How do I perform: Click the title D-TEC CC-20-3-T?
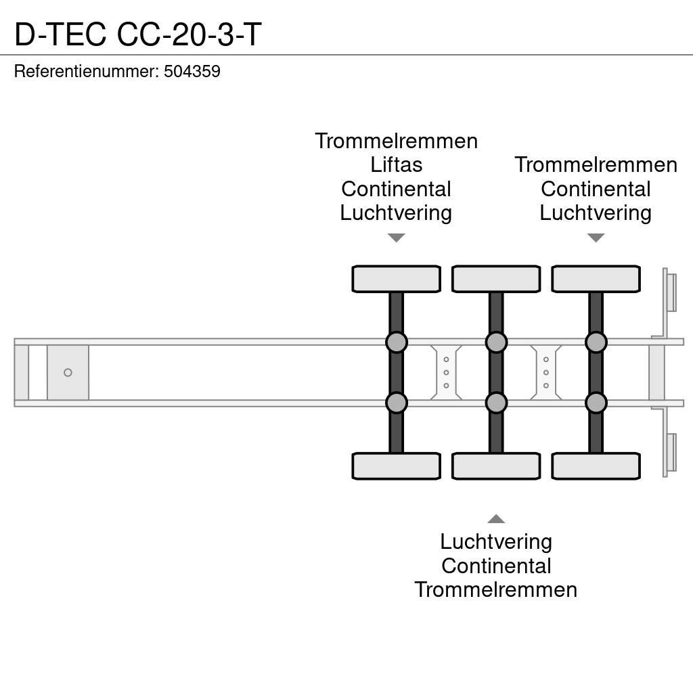click(137, 34)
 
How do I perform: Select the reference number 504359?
click(192, 72)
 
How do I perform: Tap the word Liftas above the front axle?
click(396, 164)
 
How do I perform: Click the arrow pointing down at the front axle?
click(396, 238)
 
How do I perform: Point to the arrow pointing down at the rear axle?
click(596, 238)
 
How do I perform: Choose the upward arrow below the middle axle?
click(496, 519)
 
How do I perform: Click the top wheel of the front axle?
click(396, 279)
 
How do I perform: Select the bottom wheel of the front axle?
click(396, 466)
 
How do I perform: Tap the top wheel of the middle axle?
click(496, 279)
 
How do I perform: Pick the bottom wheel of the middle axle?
click(496, 466)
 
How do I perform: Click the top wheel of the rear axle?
click(596, 279)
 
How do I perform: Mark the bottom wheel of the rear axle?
click(596, 466)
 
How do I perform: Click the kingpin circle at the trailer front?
click(68, 373)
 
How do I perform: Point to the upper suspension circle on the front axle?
click(397, 342)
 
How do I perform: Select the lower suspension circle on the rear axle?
click(596, 403)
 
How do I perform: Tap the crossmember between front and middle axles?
click(446, 373)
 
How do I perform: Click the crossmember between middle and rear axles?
click(546, 373)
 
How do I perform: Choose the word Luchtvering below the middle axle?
click(496, 541)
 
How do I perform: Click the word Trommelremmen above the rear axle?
click(596, 164)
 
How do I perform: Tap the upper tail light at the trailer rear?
click(670, 292)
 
